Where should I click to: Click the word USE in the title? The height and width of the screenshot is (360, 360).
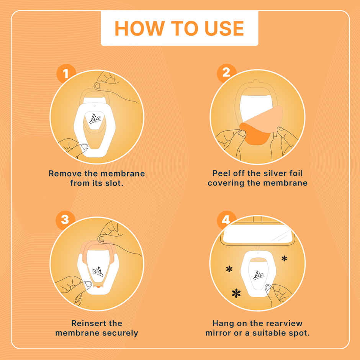tap(224, 28)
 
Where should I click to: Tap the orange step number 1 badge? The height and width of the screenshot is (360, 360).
tap(66, 74)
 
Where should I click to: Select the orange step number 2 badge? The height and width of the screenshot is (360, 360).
tap(226, 72)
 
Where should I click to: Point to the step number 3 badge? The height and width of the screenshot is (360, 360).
tap(65, 220)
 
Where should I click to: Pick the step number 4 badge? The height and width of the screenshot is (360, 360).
tap(226, 220)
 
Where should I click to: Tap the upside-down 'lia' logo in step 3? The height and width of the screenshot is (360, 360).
tap(98, 272)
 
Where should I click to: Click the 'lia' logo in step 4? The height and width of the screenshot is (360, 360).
tap(259, 275)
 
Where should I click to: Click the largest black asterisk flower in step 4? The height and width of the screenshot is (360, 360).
tap(236, 293)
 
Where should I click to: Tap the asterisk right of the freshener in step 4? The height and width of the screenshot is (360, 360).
tap(284, 259)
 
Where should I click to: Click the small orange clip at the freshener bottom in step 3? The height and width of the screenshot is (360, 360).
tap(98, 286)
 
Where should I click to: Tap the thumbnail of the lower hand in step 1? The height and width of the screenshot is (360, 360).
tap(84, 147)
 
